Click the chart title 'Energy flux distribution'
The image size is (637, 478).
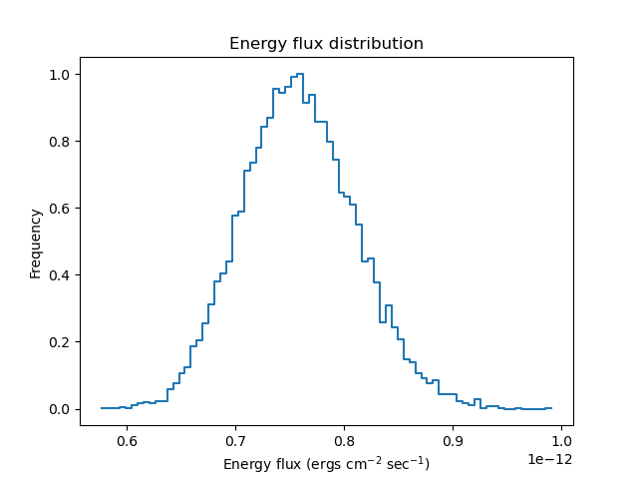326,44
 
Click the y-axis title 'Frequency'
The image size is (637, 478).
36,242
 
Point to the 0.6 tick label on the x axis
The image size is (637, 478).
127,441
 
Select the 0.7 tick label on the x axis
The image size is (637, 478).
235,441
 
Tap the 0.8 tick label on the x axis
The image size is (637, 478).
344,441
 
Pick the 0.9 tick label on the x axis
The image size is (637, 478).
453,441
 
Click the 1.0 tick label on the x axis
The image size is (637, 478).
561,441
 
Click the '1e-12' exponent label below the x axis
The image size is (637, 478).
550,459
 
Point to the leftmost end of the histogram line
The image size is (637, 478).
102,408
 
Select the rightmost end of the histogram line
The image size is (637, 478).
551,407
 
